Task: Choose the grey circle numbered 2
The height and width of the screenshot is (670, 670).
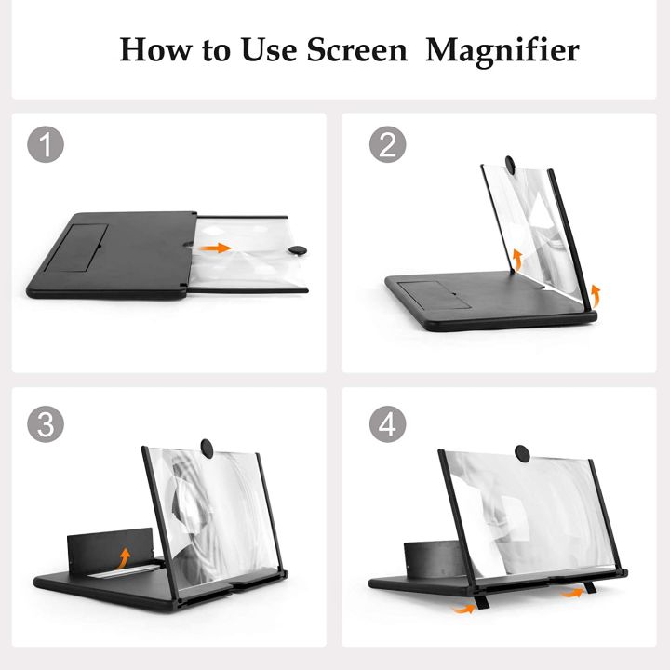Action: coord(387,145)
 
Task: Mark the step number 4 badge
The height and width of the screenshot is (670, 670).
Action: coord(387,425)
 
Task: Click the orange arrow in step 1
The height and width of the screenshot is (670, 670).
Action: coord(217,248)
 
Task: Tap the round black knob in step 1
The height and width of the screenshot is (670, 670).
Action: coord(297,249)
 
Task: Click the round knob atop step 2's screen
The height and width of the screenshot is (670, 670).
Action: coord(512,165)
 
